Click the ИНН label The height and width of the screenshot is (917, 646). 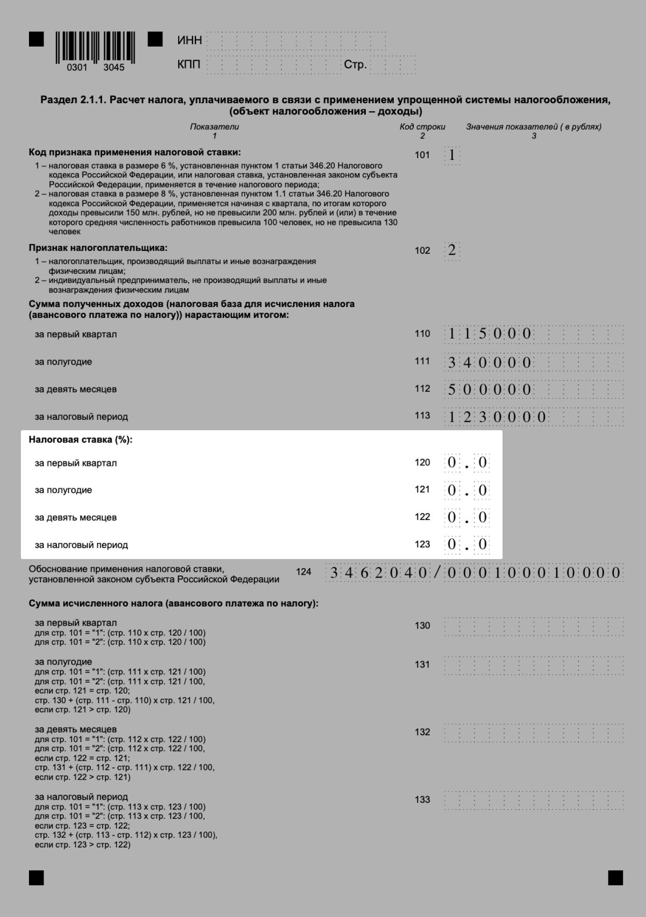pyautogui.click(x=190, y=40)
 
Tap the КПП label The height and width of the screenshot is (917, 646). pyautogui.click(x=189, y=64)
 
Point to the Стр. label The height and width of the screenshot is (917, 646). pyautogui.click(x=355, y=65)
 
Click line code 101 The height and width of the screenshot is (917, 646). pyautogui.click(x=422, y=155)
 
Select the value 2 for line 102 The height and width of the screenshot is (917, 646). pyautogui.click(x=452, y=250)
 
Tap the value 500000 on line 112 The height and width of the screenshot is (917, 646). pyautogui.click(x=489, y=390)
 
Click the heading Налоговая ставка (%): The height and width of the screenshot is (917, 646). pyautogui.click(x=80, y=440)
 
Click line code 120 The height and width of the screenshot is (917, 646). pyautogui.click(x=422, y=463)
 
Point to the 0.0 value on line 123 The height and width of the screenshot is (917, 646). pyautogui.click(x=467, y=544)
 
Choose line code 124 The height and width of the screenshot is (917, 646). pyautogui.click(x=304, y=572)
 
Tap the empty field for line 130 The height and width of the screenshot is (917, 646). pyautogui.click(x=533, y=627)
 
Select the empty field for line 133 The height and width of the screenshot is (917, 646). pyautogui.click(x=533, y=801)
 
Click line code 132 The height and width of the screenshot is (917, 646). pyautogui.click(x=422, y=732)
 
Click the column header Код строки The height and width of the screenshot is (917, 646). pyautogui.click(x=422, y=127)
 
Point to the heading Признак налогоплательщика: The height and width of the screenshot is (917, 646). pyautogui.click(x=98, y=248)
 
